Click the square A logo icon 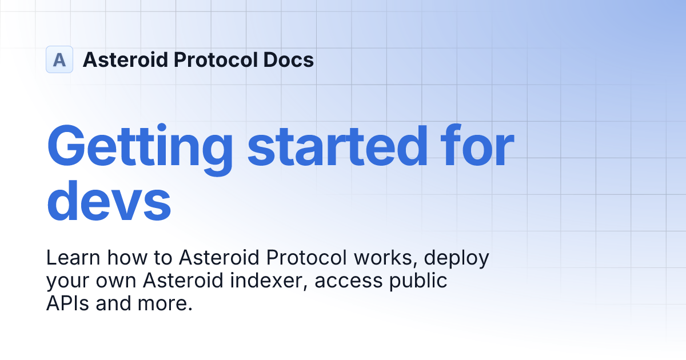[x=59, y=59]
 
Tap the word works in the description [x=386, y=258]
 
